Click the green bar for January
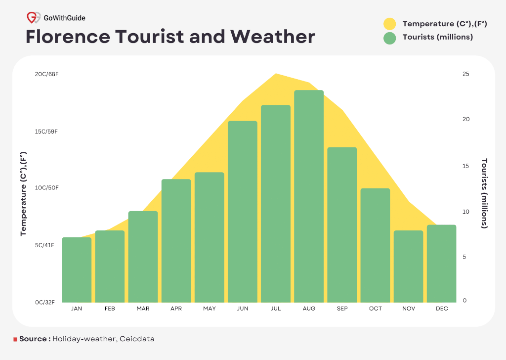pyautogui.click(x=77, y=270)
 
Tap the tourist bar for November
pyautogui.click(x=409, y=267)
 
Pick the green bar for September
pyautogui.click(x=342, y=225)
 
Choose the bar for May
pyautogui.click(x=210, y=237)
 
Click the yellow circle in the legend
pyautogui.click(x=390, y=24)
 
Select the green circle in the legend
pyautogui.click(x=390, y=38)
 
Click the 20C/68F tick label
pyautogui.click(x=46, y=74)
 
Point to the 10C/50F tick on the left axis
pyautogui.click(x=46, y=188)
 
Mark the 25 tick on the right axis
pyautogui.click(x=465, y=74)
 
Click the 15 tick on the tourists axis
pyautogui.click(x=465, y=166)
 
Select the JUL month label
pyautogui.click(x=276, y=309)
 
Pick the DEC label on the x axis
pyautogui.click(x=442, y=309)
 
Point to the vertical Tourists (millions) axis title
pyautogui.click(x=484, y=193)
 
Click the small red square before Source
pyautogui.click(x=15, y=340)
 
